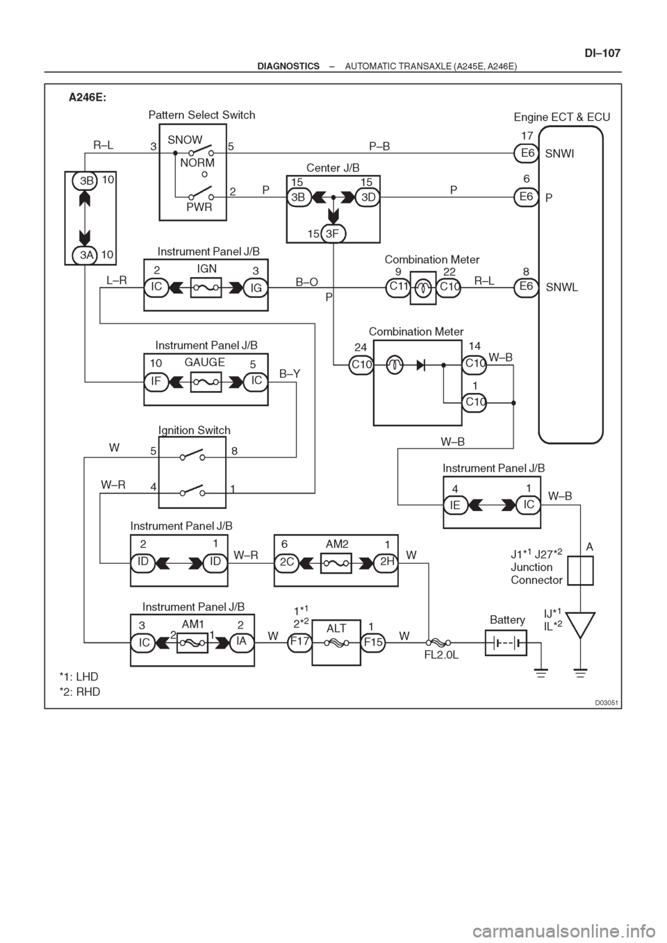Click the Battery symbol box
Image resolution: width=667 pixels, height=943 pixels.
(506, 643)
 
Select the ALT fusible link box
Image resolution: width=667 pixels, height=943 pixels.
(336, 642)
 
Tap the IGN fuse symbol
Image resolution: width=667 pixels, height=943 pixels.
(206, 287)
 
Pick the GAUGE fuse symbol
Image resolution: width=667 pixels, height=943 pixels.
(206, 382)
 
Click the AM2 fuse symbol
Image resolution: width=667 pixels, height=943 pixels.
(336, 563)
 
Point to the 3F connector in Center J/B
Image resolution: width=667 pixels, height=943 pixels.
(333, 233)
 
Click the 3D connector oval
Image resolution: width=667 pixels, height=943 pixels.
(368, 197)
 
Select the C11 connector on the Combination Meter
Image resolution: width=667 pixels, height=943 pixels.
(398, 287)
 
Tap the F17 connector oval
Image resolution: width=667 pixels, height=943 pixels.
(299, 643)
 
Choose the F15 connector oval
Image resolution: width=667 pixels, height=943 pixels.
(373, 643)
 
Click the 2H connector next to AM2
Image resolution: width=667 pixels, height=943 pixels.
(386, 563)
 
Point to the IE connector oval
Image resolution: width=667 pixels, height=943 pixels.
(456, 505)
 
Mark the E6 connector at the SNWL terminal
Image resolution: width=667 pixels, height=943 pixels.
(527, 287)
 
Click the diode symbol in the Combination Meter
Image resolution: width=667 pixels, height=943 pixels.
(420, 365)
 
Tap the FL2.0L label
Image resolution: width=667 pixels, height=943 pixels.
(442, 655)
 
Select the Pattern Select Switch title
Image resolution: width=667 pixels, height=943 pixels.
(201, 115)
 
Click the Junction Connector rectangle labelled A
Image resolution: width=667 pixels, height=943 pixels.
(580, 571)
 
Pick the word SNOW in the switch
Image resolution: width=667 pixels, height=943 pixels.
(185, 140)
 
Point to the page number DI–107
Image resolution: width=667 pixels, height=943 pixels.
(602, 53)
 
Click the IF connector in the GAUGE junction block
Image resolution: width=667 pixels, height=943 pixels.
(156, 381)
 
